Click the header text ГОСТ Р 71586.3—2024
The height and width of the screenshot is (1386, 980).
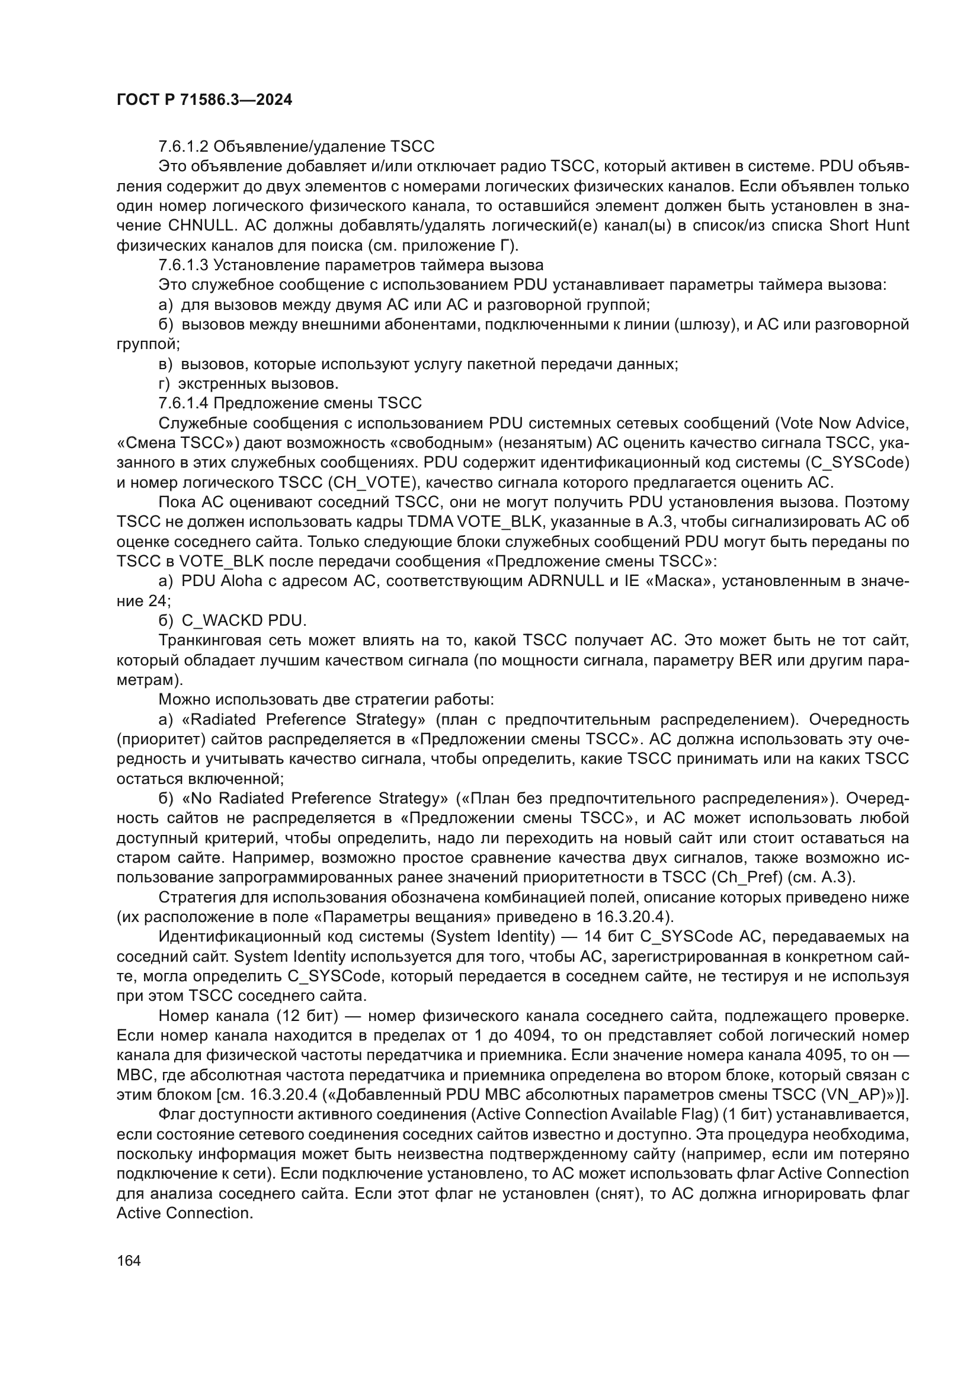tap(204, 100)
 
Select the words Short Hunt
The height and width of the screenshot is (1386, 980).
tap(869, 226)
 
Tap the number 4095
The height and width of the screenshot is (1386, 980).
tap(826, 1055)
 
